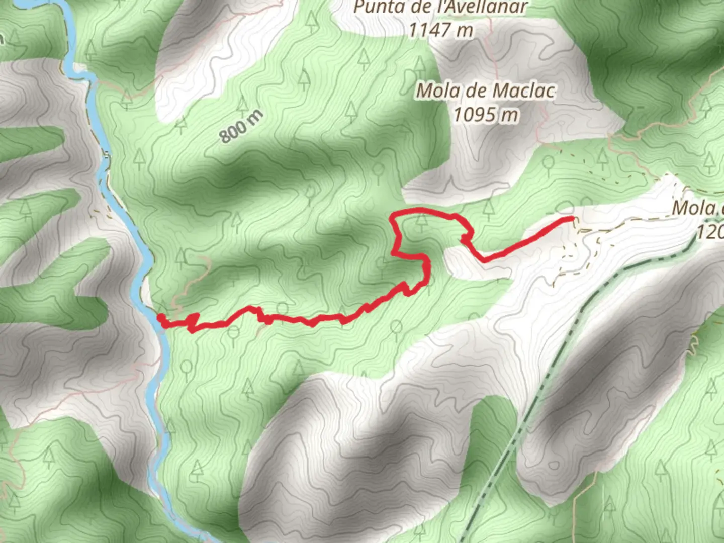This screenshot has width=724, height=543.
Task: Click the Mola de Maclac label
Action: [486, 91]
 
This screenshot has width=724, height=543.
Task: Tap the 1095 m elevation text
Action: [486, 115]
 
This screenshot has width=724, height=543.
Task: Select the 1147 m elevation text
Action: [440, 30]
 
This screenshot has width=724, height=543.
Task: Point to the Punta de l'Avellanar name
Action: [440, 8]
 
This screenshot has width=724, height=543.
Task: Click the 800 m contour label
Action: [241, 126]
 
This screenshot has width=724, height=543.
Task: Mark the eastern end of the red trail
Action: [572, 218]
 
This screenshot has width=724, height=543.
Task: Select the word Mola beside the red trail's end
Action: [693, 208]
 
